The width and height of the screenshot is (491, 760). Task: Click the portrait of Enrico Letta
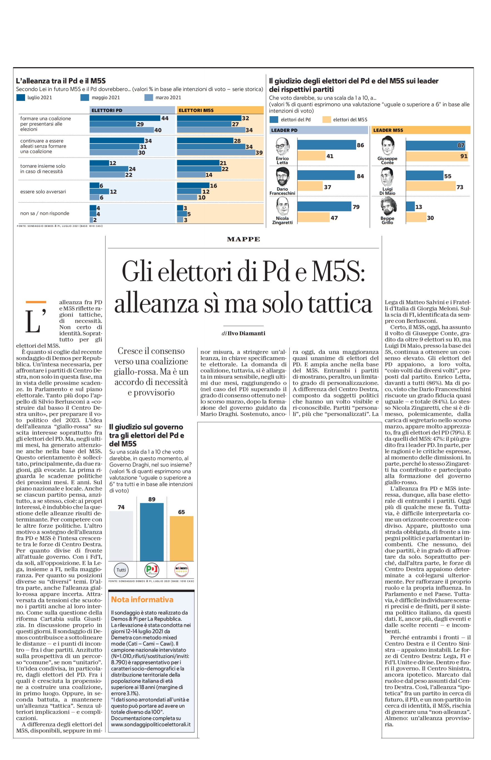coord(282,147)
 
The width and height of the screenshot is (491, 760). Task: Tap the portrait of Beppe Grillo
coord(388,206)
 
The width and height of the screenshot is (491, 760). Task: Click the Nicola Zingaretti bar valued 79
coord(324,206)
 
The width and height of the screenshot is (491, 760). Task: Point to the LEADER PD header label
coord(284,130)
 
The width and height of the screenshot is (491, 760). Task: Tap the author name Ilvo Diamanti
coord(246,333)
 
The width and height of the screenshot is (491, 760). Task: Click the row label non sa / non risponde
coord(45,213)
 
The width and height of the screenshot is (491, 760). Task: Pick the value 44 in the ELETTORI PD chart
coord(165,118)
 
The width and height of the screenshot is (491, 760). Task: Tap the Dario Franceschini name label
coord(282,191)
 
